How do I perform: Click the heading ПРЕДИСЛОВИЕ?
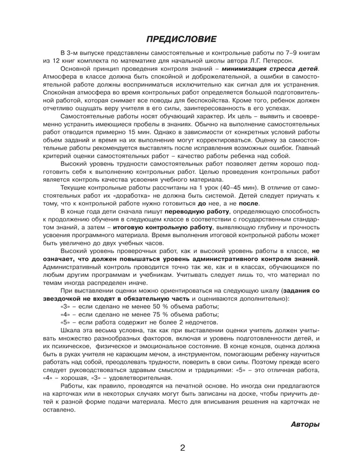pyautogui.click(x=181, y=38)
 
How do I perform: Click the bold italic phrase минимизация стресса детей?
pyautogui.click(x=270, y=68)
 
